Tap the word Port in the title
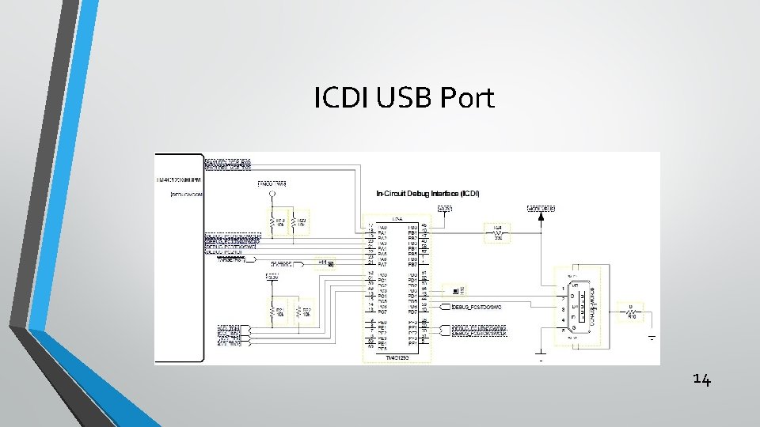467,98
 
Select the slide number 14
701,380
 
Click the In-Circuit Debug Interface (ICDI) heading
427,193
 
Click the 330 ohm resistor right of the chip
498,232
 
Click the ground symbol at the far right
652,338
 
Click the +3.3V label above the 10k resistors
272,184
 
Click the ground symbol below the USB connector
541,355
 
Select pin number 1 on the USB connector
562,287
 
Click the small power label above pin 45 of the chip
446,209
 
